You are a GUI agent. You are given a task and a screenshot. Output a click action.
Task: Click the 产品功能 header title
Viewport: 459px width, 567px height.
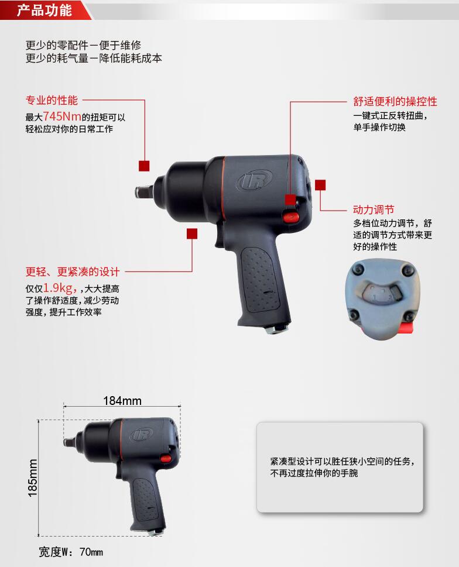click(x=44, y=10)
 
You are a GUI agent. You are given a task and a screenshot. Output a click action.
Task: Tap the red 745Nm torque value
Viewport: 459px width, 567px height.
click(x=62, y=116)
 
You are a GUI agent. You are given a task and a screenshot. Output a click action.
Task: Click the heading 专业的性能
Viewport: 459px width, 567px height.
click(x=52, y=100)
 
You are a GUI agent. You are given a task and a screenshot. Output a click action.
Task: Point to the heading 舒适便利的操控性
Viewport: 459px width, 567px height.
click(x=395, y=101)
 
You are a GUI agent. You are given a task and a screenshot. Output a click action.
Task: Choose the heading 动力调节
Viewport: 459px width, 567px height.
click(x=374, y=209)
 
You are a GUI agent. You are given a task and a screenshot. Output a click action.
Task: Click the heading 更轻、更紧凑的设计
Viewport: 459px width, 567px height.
click(x=73, y=272)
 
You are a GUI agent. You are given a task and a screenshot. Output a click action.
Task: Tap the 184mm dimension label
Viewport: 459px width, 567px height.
click(x=122, y=401)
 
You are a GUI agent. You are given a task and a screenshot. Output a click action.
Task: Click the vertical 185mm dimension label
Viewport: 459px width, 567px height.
click(x=33, y=478)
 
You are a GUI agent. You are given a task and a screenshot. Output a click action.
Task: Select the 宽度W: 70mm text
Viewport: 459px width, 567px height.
click(x=71, y=552)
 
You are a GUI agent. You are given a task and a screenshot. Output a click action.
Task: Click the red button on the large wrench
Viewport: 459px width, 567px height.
click(x=290, y=217)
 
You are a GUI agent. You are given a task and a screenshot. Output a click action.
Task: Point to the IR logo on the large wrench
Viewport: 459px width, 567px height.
click(x=255, y=180)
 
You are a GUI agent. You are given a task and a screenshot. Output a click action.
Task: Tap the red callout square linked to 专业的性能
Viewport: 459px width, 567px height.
click(x=144, y=166)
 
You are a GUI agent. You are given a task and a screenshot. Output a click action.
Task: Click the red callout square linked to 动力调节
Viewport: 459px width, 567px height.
click(x=320, y=185)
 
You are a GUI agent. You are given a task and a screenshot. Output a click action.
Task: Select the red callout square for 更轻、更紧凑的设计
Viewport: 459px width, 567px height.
click(x=191, y=233)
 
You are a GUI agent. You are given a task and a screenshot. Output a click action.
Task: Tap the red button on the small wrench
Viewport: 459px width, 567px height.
click(x=166, y=459)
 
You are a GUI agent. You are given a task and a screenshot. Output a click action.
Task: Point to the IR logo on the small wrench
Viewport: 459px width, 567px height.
click(x=142, y=434)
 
